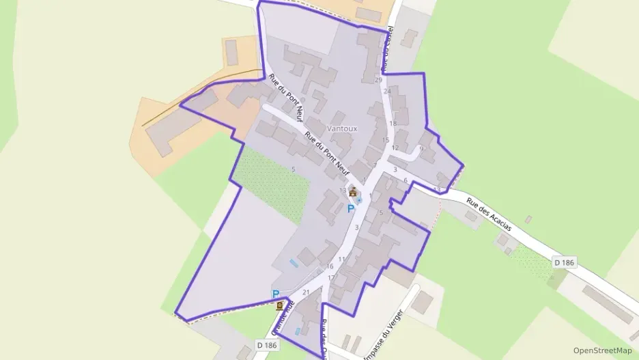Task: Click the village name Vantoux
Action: [x=343, y=128]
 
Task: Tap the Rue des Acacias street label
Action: [x=489, y=213]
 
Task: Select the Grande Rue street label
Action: [x=283, y=318]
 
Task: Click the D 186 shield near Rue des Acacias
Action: [x=563, y=262]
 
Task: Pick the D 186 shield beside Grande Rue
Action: [x=267, y=346]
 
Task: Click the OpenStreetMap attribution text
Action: [x=603, y=350]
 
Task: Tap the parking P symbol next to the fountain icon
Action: [x=351, y=209]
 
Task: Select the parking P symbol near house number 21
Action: [x=276, y=294]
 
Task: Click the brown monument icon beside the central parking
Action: [x=353, y=193]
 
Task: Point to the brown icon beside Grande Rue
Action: [x=280, y=307]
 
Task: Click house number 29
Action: [x=378, y=80]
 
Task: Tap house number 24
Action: [x=387, y=91]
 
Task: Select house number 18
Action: [x=393, y=124]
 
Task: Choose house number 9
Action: [x=421, y=148]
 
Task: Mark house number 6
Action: [x=406, y=180]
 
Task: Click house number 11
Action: [x=341, y=260]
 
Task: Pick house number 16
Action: [x=330, y=266]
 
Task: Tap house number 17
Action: [x=331, y=278]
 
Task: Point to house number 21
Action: [x=306, y=292]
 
